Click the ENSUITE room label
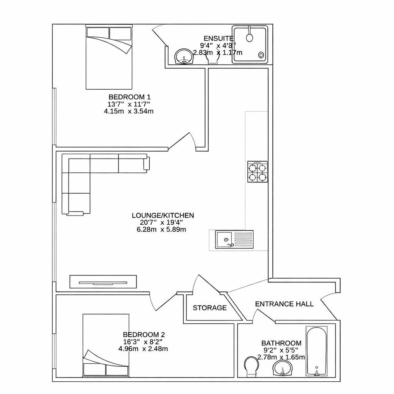(218, 38)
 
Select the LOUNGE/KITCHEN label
(163, 215)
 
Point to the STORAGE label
(210, 308)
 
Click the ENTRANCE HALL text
(284, 304)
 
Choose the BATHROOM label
(281, 343)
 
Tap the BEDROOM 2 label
(144, 335)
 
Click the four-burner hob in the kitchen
(257, 172)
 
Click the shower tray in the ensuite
(250, 43)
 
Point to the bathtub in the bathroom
(316, 351)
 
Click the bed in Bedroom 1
(109, 58)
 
